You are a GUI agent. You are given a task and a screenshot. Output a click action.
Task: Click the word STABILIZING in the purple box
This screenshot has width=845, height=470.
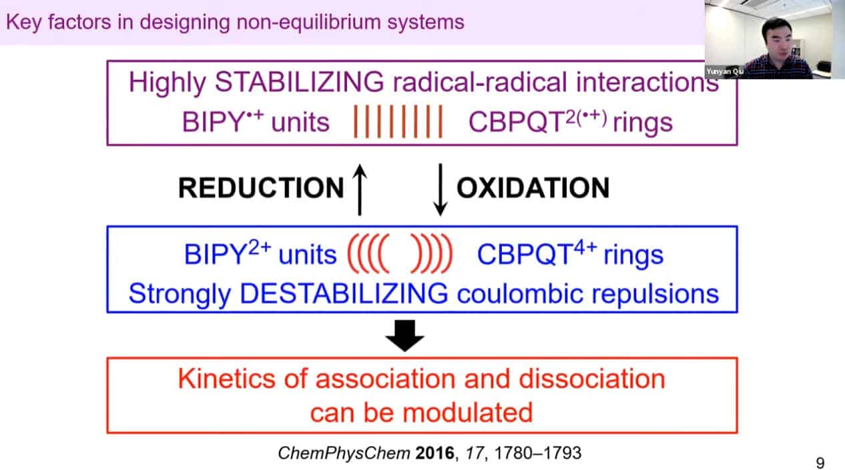pyautogui.click(x=300, y=81)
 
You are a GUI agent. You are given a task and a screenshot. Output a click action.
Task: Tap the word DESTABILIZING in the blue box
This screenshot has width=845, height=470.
pyautogui.click(x=344, y=293)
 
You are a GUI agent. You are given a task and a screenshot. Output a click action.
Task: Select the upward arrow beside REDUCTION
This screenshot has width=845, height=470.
pyautogui.click(x=360, y=189)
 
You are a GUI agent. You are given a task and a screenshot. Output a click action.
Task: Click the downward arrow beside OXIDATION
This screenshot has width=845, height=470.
pyautogui.click(x=441, y=189)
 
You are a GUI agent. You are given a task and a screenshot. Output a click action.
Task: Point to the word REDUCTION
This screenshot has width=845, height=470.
pyautogui.click(x=261, y=188)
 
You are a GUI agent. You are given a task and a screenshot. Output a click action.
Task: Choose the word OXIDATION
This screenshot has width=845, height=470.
pyautogui.click(x=533, y=188)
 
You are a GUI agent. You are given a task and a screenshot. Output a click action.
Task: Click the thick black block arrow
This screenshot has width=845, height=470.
pyautogui.click(x=404, y=335)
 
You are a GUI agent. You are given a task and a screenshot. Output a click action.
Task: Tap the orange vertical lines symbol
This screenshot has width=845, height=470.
pyautogui.click(x=398, y=121)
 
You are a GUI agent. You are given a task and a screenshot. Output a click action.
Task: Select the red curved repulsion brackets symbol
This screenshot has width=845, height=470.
pyautogui.click(x=400, y=253)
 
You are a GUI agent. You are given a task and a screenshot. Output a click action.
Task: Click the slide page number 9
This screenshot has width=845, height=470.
pyautogui.click(x=820, y=463)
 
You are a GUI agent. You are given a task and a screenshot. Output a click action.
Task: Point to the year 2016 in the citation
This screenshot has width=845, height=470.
pyautogui.click(x=435, y=453)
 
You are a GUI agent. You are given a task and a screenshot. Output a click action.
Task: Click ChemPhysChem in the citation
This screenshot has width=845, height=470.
pyautogui.click(x=344, y=453)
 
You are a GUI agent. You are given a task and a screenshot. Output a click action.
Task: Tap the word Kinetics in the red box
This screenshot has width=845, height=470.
pyautogui.click(x=227, y=379)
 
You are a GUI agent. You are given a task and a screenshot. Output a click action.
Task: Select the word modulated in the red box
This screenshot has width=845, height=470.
pyautogui.click(x=467, y=413)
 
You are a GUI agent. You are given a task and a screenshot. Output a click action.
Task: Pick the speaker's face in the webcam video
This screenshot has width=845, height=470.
pyautogui.click(x=776, y=39)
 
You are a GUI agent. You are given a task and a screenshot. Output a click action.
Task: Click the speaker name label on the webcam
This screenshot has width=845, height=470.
pyautogui.click(x=725, y=71)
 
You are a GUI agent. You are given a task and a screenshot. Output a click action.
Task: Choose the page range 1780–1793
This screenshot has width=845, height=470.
pyautogui.click(x=537, y=453)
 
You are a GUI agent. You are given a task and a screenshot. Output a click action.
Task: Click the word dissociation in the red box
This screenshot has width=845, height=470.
pyautogui.click(x=592, y=379)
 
